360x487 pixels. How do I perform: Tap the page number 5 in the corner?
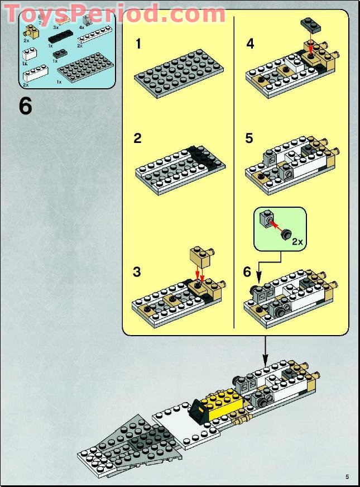pyautogui.click(x=347, y=476)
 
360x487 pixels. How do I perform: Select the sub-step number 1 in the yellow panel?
pyautogui.click(x=138, y=44)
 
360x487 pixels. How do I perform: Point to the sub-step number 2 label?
pyautogui.click(x=138, y=139)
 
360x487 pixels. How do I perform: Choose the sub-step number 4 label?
pyautogui.click(x=250, y=44)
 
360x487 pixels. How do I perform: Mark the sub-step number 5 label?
pyautogui.click(x=249, y=139)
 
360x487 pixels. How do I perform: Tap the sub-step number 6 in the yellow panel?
pyautogui.click(x=248, y=272)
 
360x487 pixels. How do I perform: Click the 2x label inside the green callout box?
pyautogui.click(x=297, y=242)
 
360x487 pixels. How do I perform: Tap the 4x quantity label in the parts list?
pyautogui.click(x=81, y=27)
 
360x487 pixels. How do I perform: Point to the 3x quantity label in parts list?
pyautogui.click(x=56, y=26)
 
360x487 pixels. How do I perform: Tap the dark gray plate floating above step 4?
pyautogui.click(x=310, y=23)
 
